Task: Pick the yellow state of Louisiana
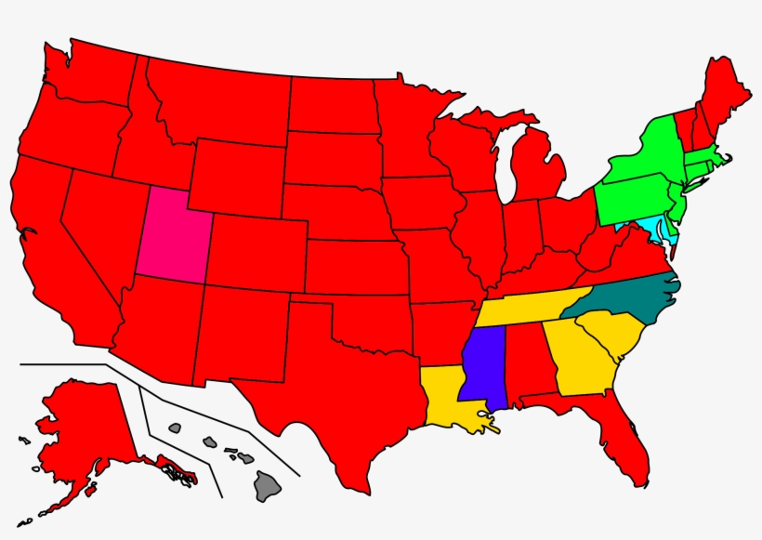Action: [446, 395]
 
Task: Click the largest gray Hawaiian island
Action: [269, 484]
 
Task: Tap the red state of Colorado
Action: [256, 251]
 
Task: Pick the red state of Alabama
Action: [525, 362]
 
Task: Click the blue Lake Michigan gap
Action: [504, 172]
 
